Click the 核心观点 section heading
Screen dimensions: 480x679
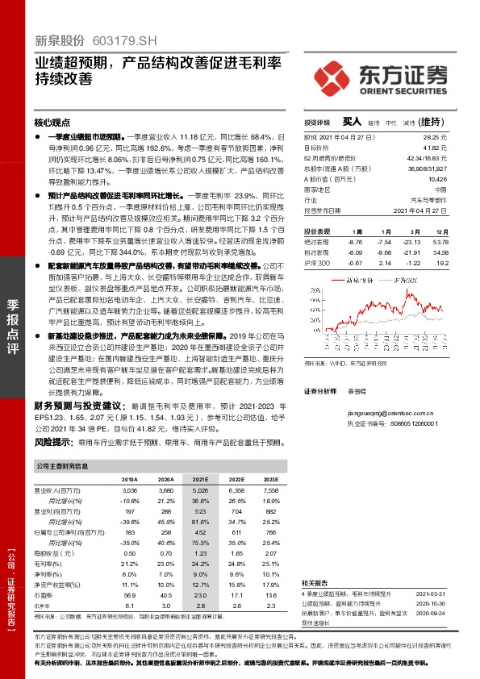[x=52, y=123]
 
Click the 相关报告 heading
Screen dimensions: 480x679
[x=317, y=582]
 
